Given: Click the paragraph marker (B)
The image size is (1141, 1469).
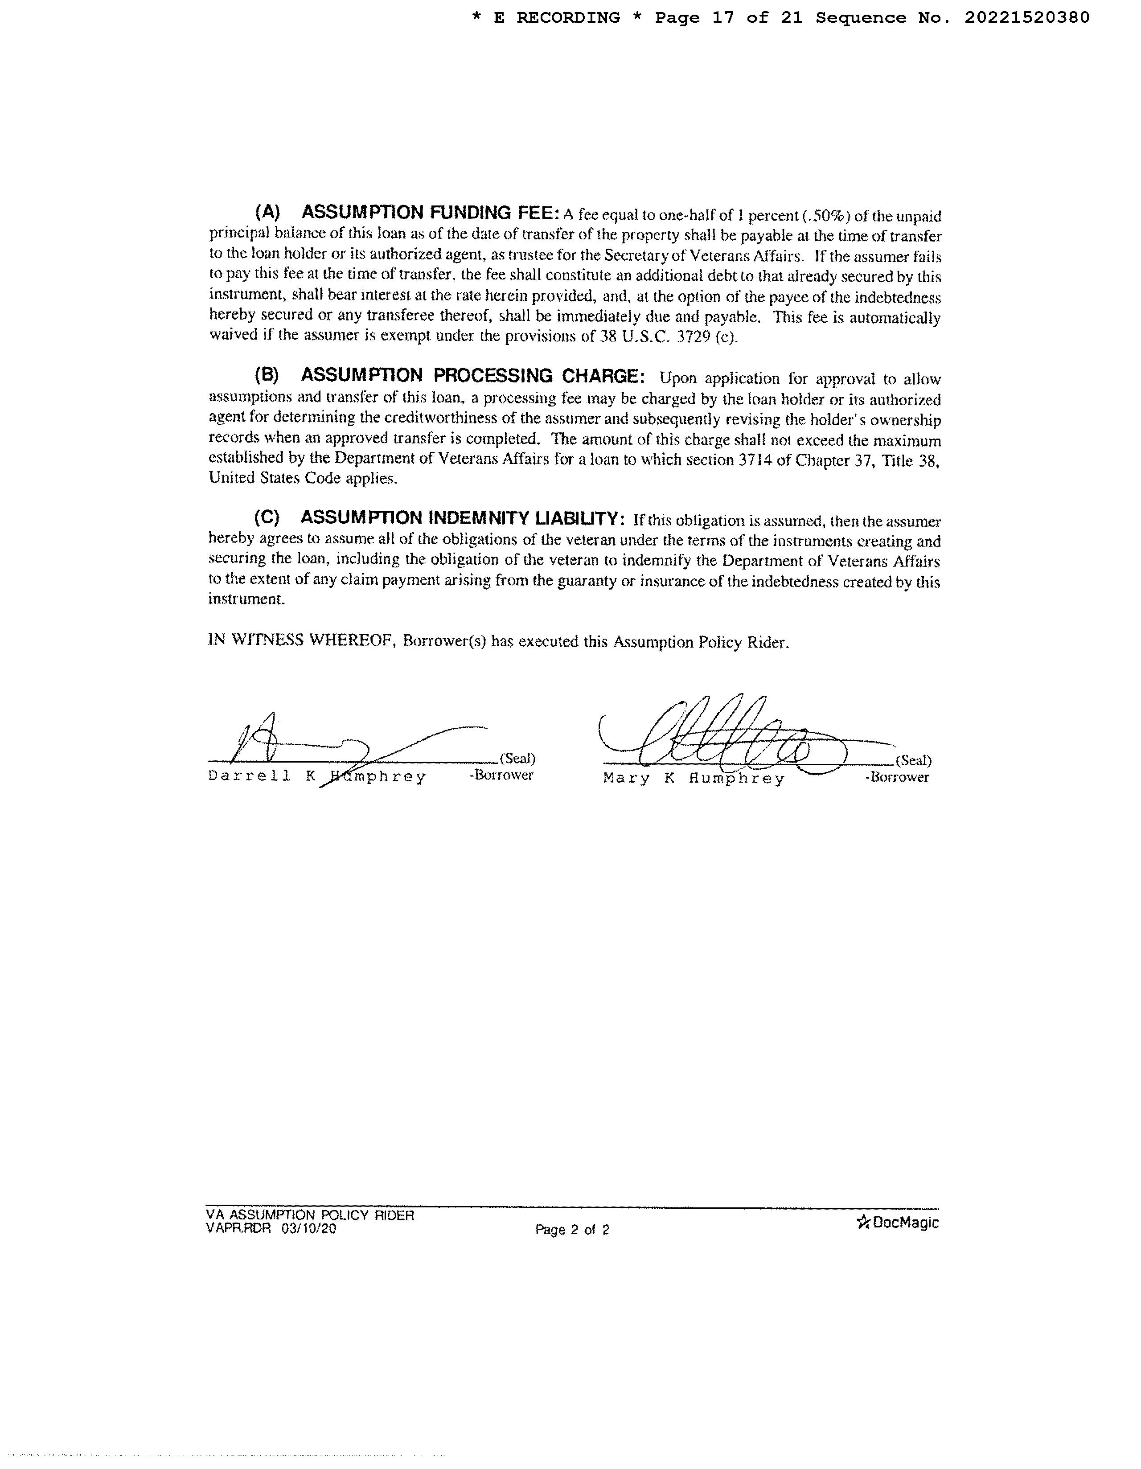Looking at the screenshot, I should tap(267, 375).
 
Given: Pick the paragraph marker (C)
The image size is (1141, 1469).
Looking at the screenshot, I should tap(267, 518).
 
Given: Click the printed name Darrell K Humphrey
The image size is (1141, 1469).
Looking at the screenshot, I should tap(317, 777).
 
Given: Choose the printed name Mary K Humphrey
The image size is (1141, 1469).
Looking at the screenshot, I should tap(694, 779).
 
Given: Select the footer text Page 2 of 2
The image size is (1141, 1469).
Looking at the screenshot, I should tap(572, 1230).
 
